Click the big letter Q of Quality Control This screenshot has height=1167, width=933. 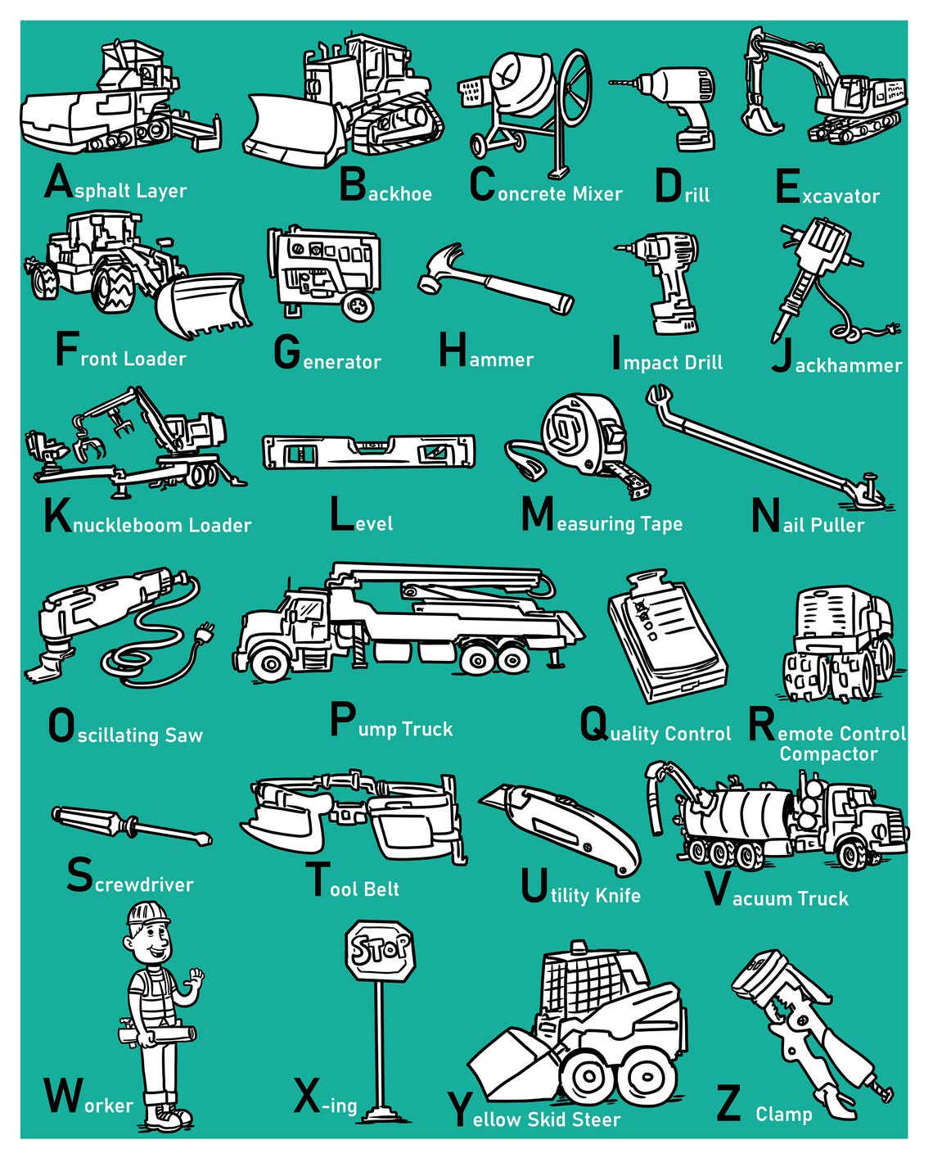click(594, 726)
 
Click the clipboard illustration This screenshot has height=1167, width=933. click(665, 638)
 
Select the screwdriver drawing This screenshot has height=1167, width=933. click(131, 824)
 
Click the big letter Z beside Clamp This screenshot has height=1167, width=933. click(728, 1104)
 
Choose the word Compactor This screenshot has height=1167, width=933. click(827, 754)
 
